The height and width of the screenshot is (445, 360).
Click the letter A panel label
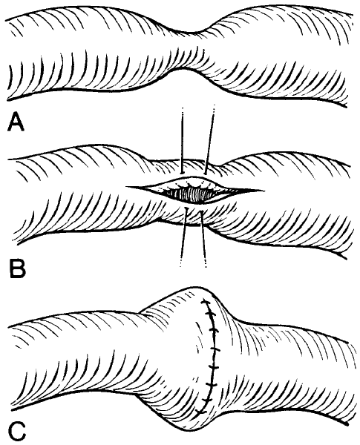pos(16,122)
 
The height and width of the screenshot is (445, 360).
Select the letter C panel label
pos(17,430)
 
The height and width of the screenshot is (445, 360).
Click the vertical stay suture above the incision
pos(183,140)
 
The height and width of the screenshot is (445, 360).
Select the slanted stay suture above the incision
pos(209,139)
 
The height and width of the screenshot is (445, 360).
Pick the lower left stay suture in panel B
pos(183,237)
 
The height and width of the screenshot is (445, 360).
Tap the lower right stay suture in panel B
pos(203,238)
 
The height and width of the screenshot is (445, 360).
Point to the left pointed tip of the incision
pos(126,187)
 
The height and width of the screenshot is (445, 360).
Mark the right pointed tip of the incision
pos(263,190)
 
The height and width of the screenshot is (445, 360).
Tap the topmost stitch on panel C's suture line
pos(206,303)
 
